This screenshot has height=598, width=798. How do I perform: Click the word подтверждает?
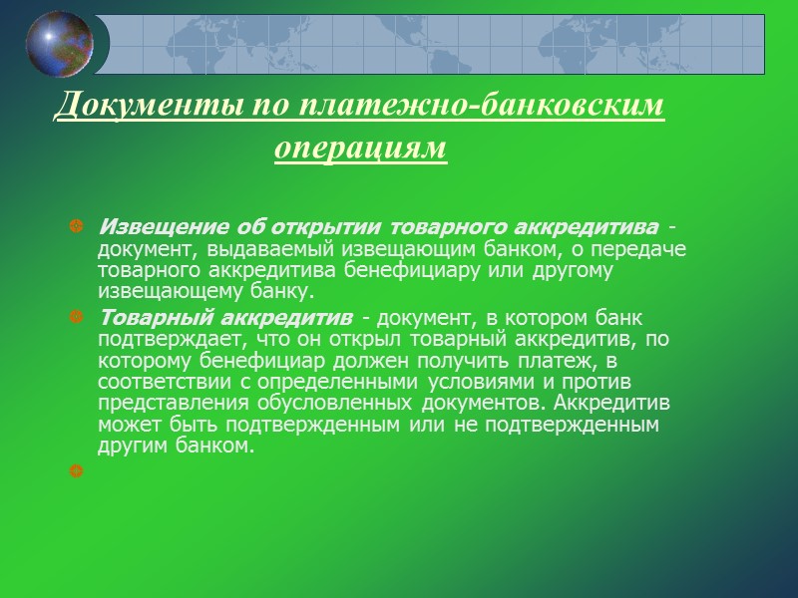154,339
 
